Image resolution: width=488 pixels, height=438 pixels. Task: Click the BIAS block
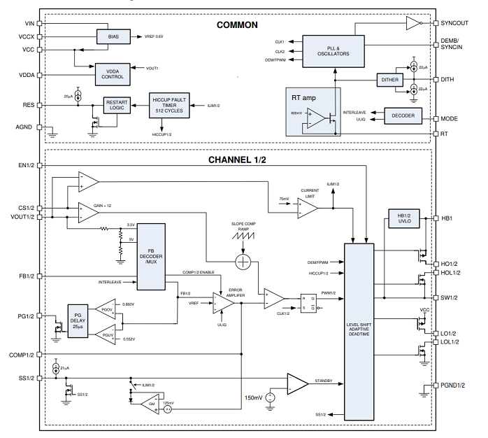tap(113, 36)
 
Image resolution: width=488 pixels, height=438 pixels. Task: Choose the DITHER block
tap(389, 80)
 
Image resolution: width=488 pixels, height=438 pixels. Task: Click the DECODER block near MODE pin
tap(403, 115)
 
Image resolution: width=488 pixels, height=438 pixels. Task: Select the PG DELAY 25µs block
tap(78, 320)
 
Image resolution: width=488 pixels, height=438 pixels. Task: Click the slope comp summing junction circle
tap(243, 262)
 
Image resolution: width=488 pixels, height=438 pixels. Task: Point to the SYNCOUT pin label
tap(454, 23)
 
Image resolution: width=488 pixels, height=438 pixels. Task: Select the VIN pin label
tap(29, 23)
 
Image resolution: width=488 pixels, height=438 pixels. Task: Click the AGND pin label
tap(25, 127)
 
